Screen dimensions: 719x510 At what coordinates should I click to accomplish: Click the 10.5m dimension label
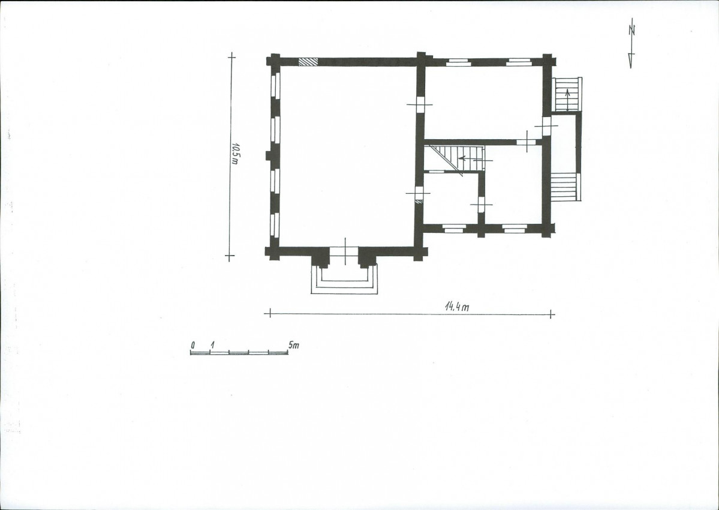pos(235,154)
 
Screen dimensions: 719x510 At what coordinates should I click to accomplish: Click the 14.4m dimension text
pos(457,307)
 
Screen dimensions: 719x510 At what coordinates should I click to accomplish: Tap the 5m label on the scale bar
pos(293,344)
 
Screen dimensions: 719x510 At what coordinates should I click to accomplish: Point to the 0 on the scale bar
pos(194,345)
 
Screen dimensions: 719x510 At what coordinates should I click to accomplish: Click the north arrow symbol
pos(631,43)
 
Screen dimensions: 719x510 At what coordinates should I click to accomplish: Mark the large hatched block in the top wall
pos(308,61)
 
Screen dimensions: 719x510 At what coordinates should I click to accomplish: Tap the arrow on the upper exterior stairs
pos(568,98)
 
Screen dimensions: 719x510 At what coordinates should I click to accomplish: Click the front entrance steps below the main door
pos(344,280)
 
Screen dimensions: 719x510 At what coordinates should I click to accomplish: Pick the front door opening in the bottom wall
pos(344,252)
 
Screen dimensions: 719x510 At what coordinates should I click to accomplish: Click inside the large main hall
pos(348,156)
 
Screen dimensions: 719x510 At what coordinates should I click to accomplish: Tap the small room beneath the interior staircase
pos(451,198)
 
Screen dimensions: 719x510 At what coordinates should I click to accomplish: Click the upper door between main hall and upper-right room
pos(420,105)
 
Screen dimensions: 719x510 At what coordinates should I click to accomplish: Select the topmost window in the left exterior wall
pos(275,85)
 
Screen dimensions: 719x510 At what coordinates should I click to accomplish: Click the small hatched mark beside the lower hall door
pos(418,202)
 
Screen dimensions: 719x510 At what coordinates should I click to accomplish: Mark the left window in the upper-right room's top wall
pos(458,62)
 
